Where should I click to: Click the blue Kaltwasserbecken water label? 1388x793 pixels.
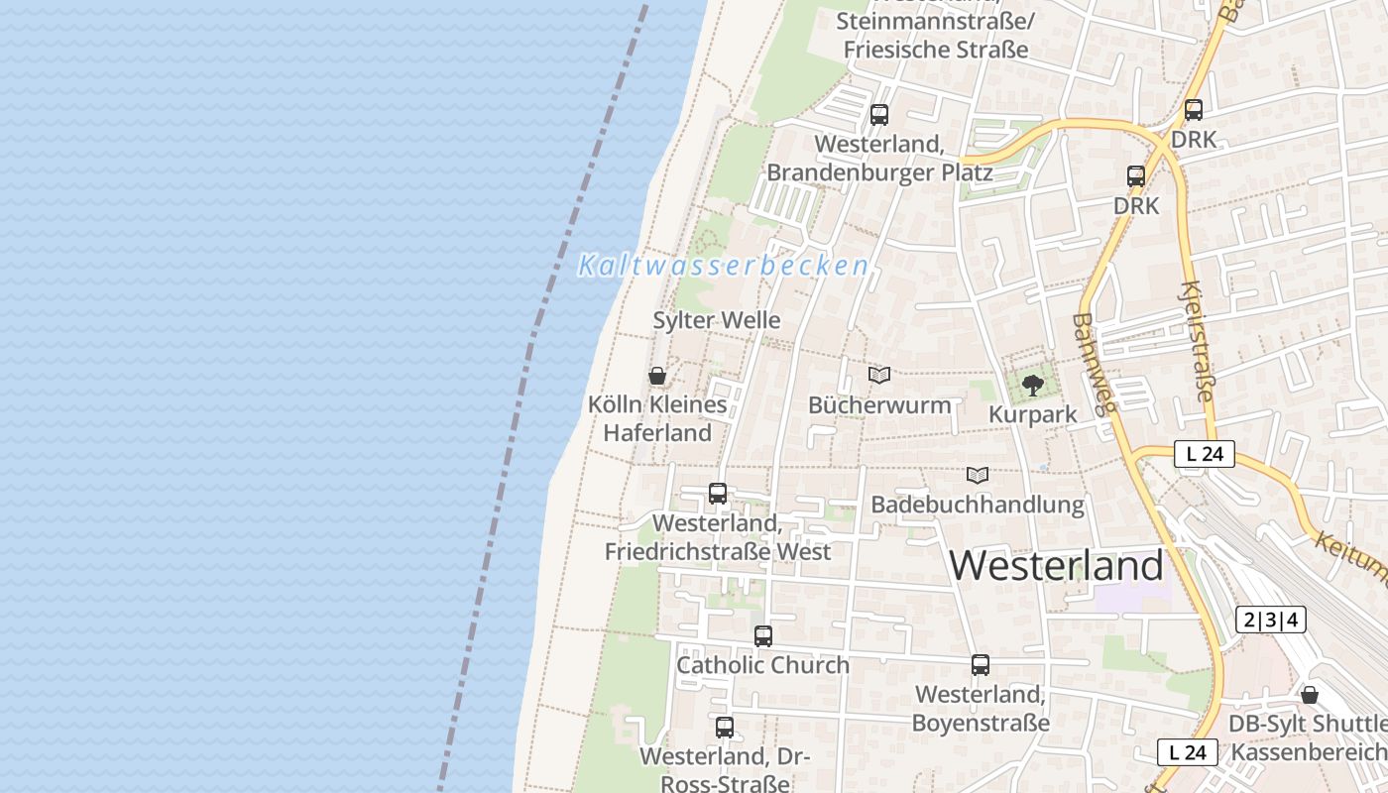(724, 266)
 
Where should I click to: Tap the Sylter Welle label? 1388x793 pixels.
(717, 320)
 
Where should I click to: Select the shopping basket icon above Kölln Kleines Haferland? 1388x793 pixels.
(656, 376)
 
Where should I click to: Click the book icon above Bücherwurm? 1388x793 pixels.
(879, 375)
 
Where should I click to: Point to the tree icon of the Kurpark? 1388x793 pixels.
(1033, 385)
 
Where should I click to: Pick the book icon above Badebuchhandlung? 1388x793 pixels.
(978, 475)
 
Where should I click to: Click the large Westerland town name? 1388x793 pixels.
(1057, 565)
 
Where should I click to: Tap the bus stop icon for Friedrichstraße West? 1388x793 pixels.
(718, 493)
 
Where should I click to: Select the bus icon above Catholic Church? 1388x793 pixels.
(762, 636)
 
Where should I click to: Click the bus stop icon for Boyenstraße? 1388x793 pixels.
(981, 665)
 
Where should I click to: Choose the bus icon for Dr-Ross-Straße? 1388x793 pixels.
(725, 727)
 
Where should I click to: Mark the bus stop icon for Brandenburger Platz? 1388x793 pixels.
(879, 115)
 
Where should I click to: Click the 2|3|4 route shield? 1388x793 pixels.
(1271, 621)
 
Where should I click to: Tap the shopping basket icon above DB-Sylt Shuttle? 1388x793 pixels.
(1310, 695)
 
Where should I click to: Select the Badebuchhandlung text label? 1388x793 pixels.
(978, 505)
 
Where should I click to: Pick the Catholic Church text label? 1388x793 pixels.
(762, 665)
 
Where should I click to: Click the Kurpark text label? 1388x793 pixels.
(1033, 414)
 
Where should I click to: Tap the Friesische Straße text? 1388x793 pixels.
(936, 48)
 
